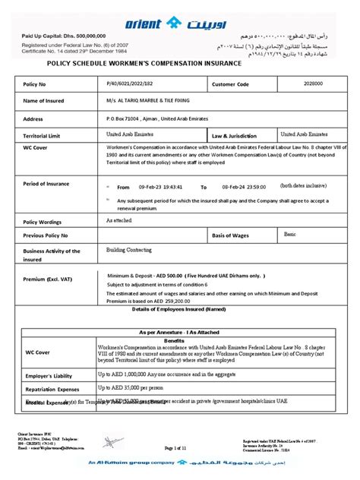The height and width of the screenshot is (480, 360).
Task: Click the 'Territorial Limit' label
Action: (x=49, y=134)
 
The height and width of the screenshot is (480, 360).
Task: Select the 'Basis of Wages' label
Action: (x=233, y=236)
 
